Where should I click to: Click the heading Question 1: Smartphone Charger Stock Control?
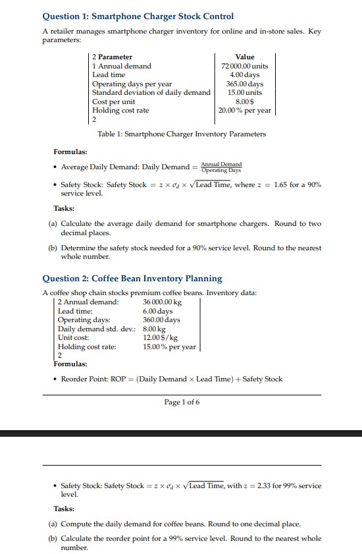click(138, 16)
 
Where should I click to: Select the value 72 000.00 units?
click(244, 66)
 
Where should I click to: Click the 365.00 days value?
click(244, 84)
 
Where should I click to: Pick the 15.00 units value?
click(244, 93)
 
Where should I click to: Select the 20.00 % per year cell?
click(244, 111)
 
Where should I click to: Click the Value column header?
click(244, 57)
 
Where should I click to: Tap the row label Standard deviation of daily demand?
click(151, 93)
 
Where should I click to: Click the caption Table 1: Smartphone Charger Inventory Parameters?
click(182, 134)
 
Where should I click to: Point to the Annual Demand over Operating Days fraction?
click(221, 167)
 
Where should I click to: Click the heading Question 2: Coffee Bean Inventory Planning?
click(132, 279)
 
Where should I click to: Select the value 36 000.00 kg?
click(162, 302)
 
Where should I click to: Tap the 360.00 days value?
click(161, 319)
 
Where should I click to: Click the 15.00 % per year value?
click(169, 346)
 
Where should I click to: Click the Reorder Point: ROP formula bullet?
click(171, 379)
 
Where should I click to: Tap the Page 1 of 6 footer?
click(182, 402)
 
